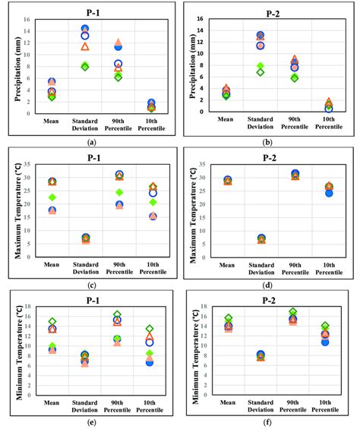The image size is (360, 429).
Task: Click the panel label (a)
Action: (92, 142)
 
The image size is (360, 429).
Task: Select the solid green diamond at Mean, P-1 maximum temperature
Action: (52, 197)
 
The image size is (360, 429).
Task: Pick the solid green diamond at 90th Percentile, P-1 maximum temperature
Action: (119, 192)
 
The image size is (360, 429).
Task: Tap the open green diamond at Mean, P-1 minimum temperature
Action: (52, 322)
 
